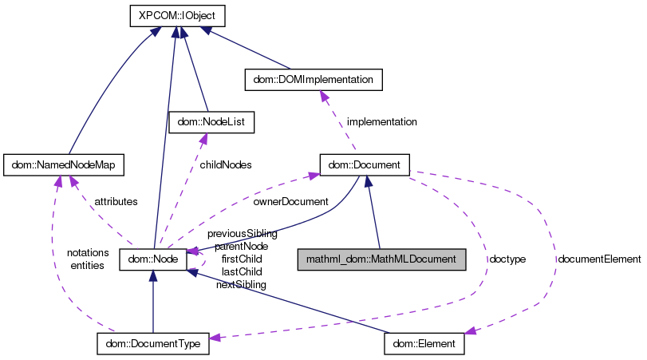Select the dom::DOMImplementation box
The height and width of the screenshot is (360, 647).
click(314, 80)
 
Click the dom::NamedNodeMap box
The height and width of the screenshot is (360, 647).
click(64, 165)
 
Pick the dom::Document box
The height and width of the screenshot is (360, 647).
click(365, 165)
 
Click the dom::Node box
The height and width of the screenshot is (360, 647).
click(152, 259)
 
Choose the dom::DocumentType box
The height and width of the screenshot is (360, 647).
click(153, 344)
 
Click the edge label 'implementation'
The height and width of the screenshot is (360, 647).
click(381, 122)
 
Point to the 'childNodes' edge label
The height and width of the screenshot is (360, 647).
click(226, 164)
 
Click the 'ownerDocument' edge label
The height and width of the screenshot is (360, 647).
click(290, 202)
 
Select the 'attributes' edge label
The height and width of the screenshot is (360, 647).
click(116, 201)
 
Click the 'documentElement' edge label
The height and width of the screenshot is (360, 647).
click(599, 259)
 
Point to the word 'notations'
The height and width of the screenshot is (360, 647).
click(88, 252)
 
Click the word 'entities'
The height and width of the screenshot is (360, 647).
click(88, 265)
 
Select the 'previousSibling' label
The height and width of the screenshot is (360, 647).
click(242, 234)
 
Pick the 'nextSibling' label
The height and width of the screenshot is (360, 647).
click(241, 284)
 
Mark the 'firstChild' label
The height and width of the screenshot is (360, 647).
click(242, 259)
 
